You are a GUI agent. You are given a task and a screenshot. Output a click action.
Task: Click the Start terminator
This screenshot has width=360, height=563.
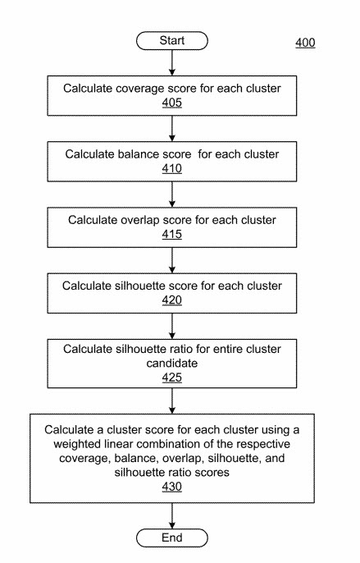pos(172,40)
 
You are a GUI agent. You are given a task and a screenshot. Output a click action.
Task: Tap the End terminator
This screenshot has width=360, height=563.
pos(172,538)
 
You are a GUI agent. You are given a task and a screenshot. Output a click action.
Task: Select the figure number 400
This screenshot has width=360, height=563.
pos(304,43)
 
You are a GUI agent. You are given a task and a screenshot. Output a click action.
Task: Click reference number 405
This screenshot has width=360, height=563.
pos(171,103)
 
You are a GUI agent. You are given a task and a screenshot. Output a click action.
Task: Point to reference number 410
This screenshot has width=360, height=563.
pos(171,169)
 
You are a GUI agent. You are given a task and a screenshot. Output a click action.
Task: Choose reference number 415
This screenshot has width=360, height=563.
pos(171,235)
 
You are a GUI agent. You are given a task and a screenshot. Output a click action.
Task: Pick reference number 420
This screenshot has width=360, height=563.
pos(171,300)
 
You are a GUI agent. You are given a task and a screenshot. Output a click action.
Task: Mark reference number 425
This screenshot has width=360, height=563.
pos(171,378)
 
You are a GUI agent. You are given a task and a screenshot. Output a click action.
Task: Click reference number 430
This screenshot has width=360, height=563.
pos(171,487)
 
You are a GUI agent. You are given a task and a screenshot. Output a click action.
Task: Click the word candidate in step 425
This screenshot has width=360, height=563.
pos(171,364)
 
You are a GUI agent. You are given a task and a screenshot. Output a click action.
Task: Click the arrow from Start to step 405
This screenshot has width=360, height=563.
pos(172,62)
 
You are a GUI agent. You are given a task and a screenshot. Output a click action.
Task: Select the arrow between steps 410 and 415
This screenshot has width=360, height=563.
pos(172,194)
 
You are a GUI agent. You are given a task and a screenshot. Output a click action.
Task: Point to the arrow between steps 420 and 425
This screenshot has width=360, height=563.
pos(172,325)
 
